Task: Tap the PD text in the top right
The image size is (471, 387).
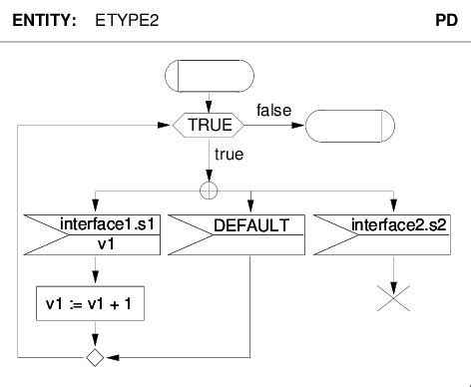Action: click(x=447, y=20)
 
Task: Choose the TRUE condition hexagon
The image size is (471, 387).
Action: click(x=210, y=126)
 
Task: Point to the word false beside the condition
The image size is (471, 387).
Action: click(x=273, y=108)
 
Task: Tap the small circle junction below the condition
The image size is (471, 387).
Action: click(x=210, y=190)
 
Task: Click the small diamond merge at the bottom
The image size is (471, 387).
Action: click(x=95, y=355)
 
